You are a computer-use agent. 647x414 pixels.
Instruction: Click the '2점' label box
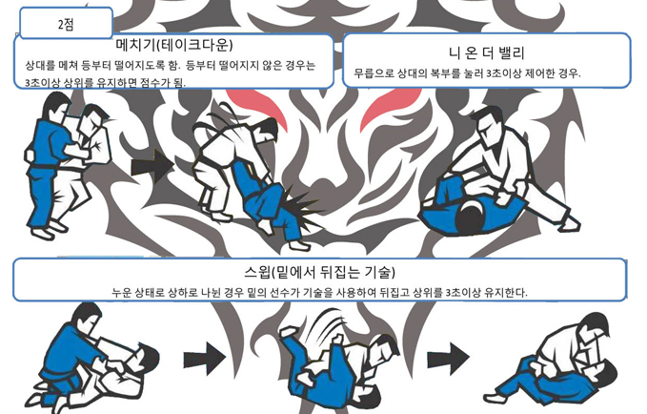[x=66, y=23]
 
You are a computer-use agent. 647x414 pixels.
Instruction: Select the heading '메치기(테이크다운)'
[x=174, y=45]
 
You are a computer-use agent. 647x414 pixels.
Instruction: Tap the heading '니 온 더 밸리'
[x=486, y=52]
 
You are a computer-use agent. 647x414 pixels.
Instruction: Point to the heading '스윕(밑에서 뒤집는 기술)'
[x=319, y=272]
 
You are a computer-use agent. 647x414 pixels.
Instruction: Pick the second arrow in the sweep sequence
[x=448, y=359]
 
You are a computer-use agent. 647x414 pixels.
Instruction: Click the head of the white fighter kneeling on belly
[x=488, y=120]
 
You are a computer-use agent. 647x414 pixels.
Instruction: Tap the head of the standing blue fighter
[x=55, y=106]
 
